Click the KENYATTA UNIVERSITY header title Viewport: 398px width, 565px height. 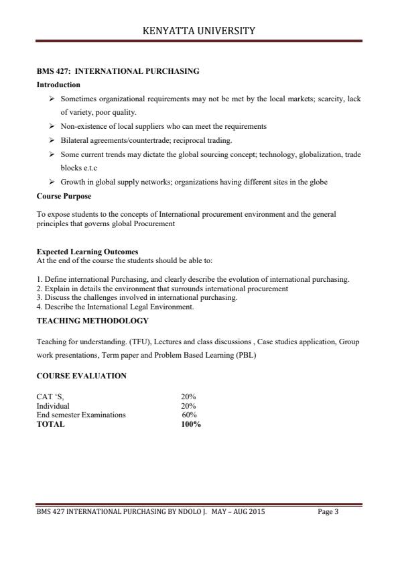(x=199, y=30)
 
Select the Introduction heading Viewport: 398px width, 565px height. (x=58, y=85)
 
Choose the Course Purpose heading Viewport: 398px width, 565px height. (x=64, y=196)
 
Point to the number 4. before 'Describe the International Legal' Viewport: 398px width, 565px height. (x=39, y=307)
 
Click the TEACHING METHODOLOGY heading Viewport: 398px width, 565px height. (x=92, y=321)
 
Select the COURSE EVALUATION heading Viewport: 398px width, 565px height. (x=81, y=376)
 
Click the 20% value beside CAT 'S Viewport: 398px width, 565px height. (x=188, y=397)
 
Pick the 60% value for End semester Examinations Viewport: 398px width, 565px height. (x=189, y=415)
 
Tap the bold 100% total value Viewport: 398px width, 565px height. (x=191, y=424)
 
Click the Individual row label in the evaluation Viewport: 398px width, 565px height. (x=53, y=406)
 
